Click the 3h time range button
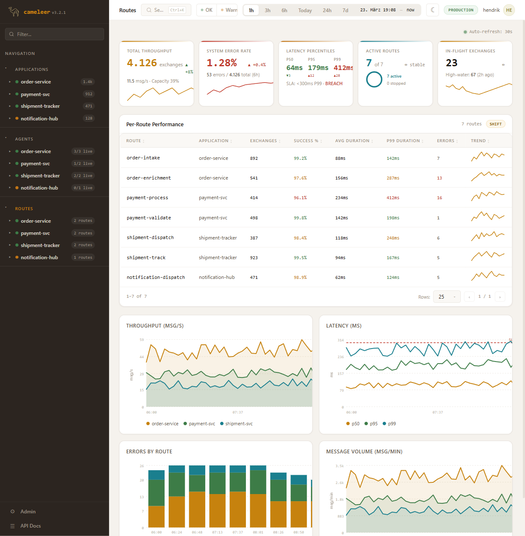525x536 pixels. click(267, 10)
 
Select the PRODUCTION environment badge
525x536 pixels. click(460, 10)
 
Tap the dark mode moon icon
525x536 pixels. click(432, 10)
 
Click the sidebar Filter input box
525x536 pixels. click(55, 34)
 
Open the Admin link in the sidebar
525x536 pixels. click(28, 512)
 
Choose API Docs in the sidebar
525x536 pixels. click(30, 526)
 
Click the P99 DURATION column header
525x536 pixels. click(403, 141)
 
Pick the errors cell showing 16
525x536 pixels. click(439, 198)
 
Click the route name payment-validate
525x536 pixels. click(149, 218)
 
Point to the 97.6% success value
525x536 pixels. click(300, 178)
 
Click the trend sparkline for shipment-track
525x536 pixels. click(488, 256)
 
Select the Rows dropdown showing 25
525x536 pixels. click(447, 297)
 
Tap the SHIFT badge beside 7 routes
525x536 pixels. click(495, 124)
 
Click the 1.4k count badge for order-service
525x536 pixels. click(87, 82)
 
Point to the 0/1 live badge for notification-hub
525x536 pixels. click(83, 188)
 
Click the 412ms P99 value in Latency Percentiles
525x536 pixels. click(343, 68)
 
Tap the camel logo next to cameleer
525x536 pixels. click(14, 12)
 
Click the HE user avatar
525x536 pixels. click(509, 10)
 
